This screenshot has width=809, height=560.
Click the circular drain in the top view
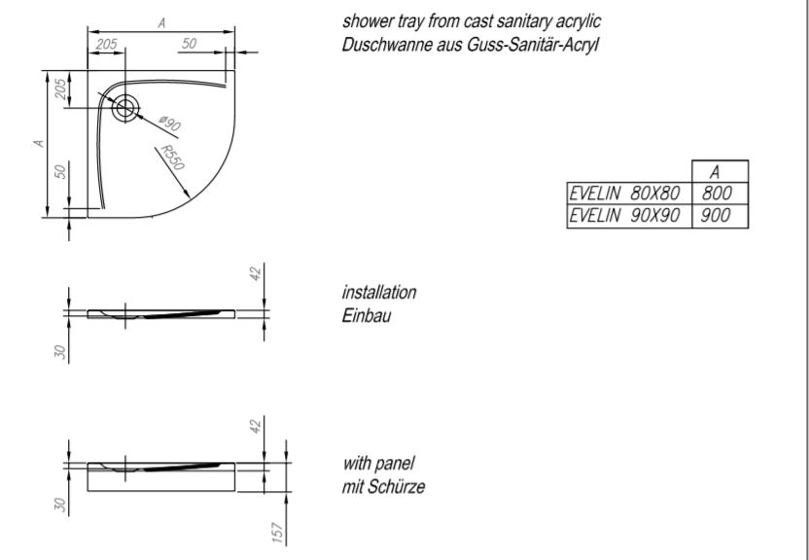124,108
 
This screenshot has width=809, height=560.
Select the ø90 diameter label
169,123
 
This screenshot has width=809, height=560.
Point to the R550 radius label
172,157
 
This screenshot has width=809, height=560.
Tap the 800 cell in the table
718,193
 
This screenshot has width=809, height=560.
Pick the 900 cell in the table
716,216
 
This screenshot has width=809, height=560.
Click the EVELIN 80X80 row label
624,193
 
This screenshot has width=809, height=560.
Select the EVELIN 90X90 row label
624,216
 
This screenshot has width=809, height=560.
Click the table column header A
715,172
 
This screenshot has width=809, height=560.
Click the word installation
379,293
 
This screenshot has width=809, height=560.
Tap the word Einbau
367,315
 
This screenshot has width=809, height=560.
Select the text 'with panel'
378,464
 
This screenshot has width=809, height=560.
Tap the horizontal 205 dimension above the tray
107,44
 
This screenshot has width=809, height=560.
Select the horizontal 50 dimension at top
189,44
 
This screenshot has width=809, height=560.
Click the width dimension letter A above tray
162,22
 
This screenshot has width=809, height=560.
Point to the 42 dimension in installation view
257,273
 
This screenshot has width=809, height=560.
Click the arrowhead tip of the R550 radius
190,198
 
